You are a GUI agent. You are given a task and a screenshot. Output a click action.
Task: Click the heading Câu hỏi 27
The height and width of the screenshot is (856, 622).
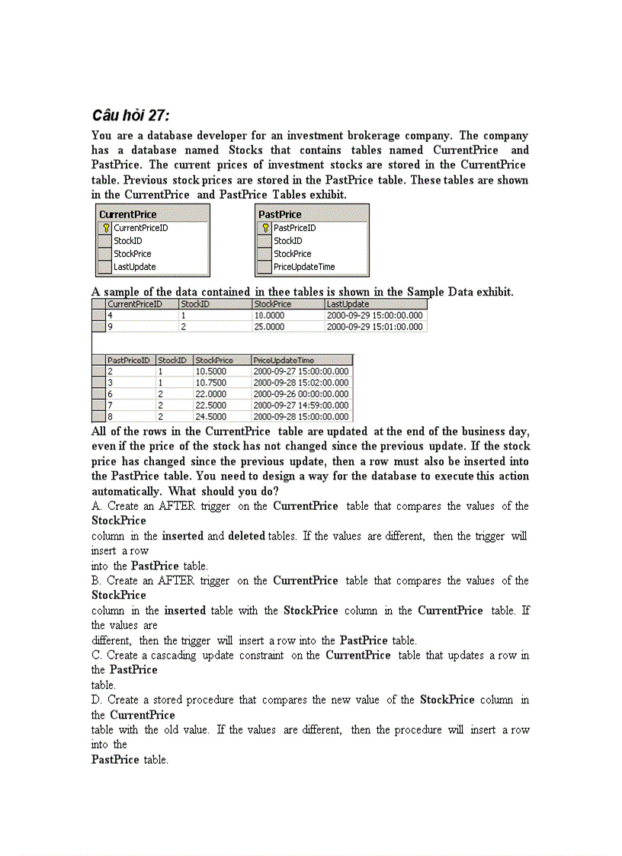point(130,116)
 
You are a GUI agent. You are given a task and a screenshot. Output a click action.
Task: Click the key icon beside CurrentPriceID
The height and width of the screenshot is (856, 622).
point(106,228)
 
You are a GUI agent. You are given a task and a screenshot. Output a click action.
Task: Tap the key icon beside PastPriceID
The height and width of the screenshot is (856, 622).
point(265,228)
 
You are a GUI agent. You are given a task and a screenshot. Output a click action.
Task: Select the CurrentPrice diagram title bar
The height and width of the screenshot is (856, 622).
point(152,214)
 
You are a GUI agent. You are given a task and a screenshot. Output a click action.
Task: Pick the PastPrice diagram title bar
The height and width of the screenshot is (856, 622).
point(312,214)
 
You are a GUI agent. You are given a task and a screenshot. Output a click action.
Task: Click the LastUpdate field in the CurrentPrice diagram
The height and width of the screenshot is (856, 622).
point(135,267)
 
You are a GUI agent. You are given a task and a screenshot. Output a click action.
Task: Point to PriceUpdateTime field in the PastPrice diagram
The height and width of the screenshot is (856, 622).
point(304,267)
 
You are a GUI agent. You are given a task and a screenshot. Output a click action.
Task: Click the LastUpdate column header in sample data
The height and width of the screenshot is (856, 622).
point(348,304)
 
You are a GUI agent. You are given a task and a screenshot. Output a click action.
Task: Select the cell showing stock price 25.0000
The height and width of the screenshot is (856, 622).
point(270,327)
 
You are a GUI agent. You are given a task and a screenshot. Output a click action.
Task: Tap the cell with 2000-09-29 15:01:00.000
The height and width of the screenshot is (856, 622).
point(374,327)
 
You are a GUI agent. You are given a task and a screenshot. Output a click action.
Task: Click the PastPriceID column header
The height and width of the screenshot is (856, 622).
point(129,360)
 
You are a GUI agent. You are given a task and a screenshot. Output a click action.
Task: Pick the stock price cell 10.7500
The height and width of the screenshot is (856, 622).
point(211,383)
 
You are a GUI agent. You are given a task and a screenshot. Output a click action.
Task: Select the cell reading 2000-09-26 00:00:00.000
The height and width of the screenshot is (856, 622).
point(300,394)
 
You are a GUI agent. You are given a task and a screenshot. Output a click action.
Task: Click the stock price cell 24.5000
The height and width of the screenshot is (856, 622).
point(211,417)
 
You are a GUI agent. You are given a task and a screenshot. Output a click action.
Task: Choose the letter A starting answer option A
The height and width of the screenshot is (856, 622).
point(96,506)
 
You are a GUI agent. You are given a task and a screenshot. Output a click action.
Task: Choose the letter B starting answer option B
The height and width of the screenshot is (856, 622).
point(96,581)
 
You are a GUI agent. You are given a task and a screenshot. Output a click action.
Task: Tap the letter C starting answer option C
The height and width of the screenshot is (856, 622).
point(96,656)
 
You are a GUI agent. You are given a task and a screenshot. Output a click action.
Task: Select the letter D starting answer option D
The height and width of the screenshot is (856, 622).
point(96,700)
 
